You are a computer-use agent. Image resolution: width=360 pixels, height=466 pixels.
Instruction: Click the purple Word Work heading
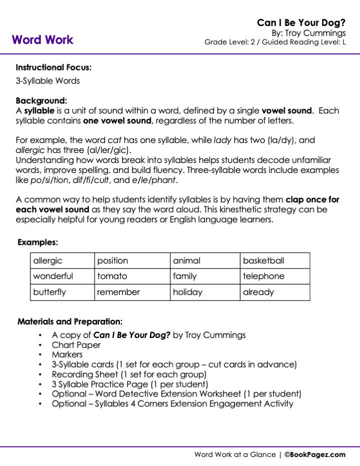(42, 40)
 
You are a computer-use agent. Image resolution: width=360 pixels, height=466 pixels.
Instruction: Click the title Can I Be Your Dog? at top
(301, 23)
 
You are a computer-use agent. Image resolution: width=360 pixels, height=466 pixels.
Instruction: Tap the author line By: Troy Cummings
(308, 33)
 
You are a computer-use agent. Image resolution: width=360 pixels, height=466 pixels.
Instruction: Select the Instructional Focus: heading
(53, 67)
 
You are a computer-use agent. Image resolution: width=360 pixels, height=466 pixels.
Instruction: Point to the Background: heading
(41, 100)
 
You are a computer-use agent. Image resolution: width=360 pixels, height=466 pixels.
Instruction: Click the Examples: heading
(38, 242)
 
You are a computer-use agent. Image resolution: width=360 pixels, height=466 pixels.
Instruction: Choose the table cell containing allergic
(62, 260)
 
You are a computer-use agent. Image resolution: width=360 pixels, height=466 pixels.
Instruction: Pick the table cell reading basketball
(274, 260)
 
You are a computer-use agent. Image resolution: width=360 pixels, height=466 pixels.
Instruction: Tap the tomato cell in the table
(131, 276)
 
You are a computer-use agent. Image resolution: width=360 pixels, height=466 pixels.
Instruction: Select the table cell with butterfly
(62, 292)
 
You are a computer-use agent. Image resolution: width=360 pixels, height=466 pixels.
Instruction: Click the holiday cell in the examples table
(204, 292)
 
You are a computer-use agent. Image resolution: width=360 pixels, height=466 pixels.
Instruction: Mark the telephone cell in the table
(274, 276)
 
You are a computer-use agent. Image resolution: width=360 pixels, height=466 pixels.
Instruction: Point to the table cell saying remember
(131, 292)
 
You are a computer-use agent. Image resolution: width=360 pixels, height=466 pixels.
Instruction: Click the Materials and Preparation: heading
(70, 321)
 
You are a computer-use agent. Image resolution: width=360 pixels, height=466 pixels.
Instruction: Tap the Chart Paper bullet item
(76, 345)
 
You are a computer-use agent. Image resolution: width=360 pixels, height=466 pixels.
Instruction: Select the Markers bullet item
(67, 354)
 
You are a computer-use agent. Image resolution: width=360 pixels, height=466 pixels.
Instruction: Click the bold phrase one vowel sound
(116, 120)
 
